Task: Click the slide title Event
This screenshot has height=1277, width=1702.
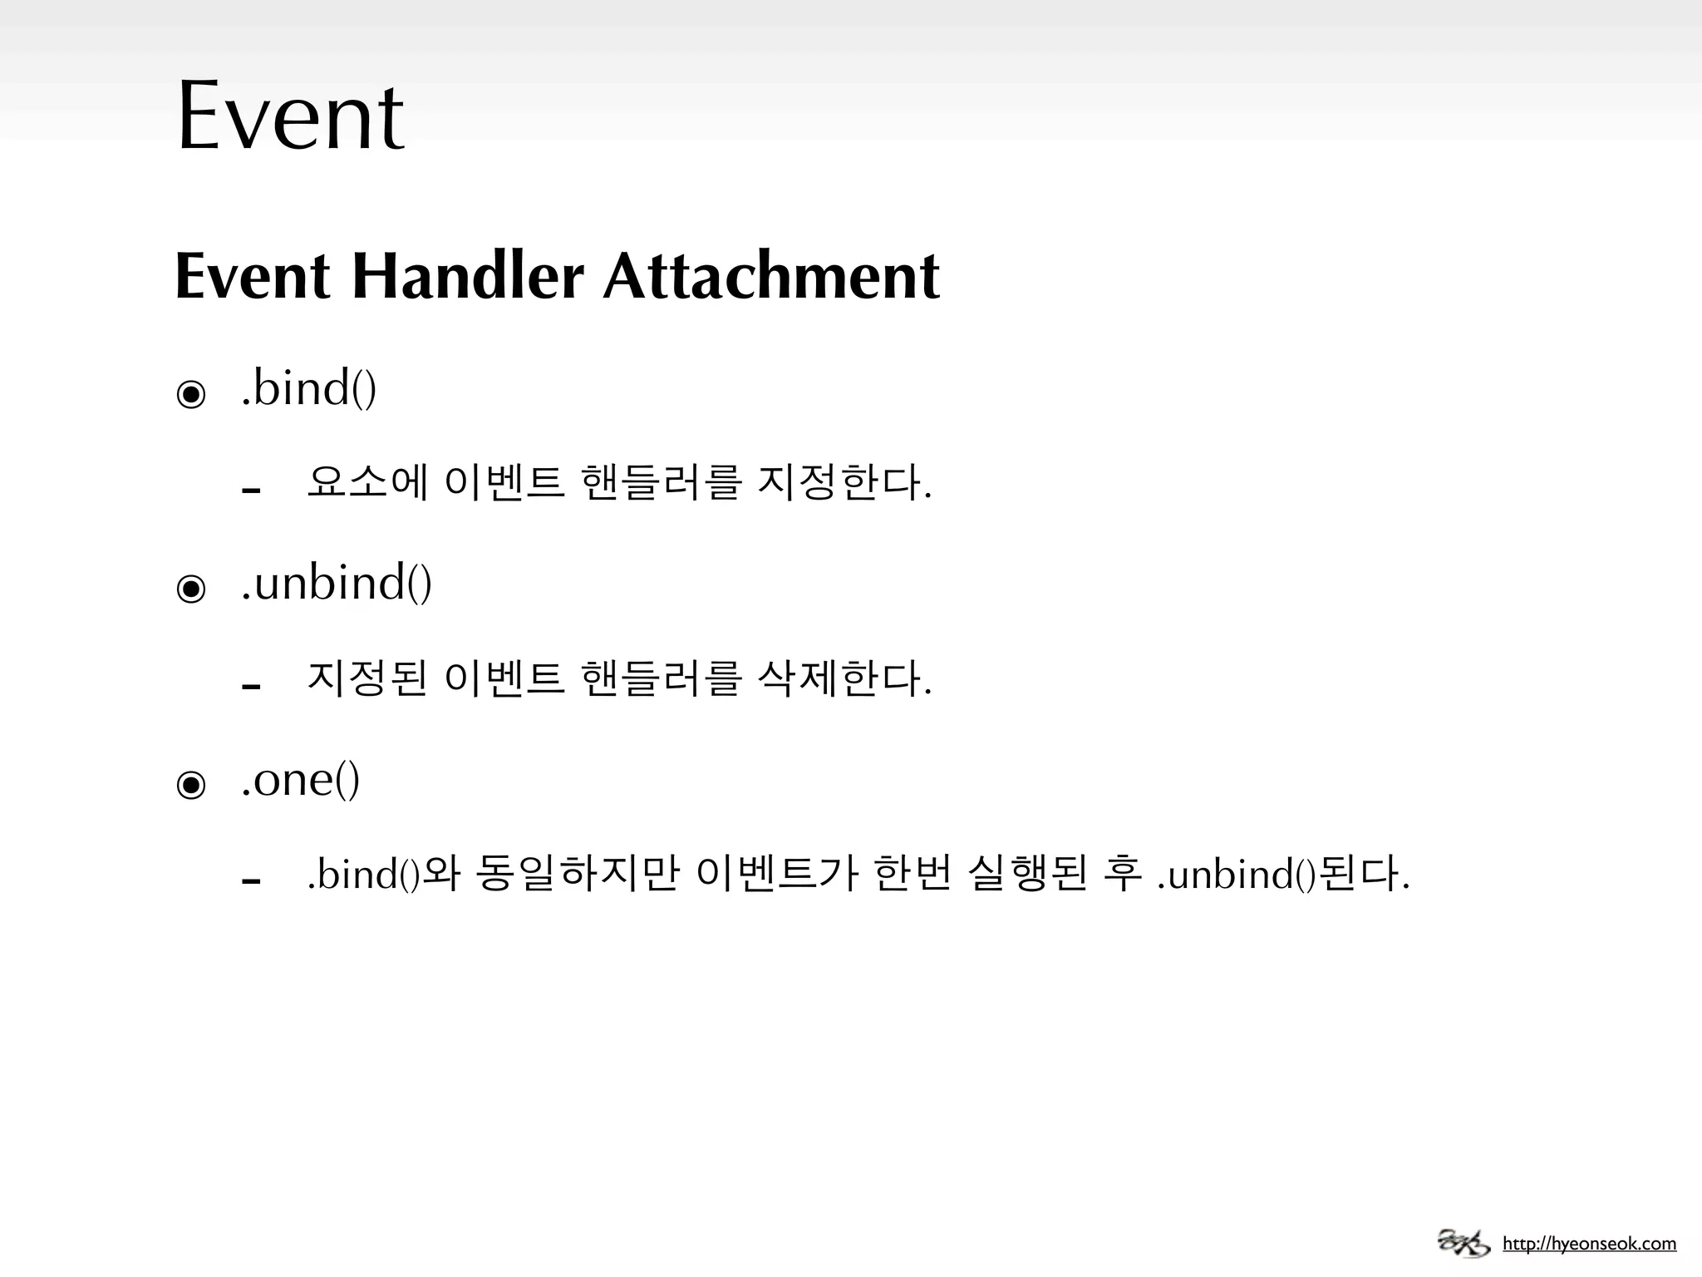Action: click(x=290, y=116)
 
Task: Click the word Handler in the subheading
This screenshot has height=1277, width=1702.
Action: click(x=468, y=276)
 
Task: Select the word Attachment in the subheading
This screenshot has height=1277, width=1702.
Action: click(x=771, y=276)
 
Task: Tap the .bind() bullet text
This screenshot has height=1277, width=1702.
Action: click(x=308, y=388)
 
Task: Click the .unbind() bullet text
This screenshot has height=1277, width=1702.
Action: click(x=336, y=583)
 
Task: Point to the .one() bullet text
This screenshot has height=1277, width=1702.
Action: click(x=300, y=779)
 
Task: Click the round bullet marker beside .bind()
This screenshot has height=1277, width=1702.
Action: click(x=191, y=394)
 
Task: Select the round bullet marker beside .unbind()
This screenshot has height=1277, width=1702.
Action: click(x=191, y=589)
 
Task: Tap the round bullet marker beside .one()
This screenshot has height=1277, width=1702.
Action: click(x=191, y=785)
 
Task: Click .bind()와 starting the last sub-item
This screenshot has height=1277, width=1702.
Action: click(x=383, y=874)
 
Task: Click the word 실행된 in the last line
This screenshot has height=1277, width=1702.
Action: click(x=1027, y=874)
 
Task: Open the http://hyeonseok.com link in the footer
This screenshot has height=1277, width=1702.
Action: click(x=1589, y=1245)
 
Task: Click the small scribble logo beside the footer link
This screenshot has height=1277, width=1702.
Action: click(x=1464, y=1243)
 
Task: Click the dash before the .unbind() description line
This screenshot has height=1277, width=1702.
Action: click(x=251, y=687)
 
